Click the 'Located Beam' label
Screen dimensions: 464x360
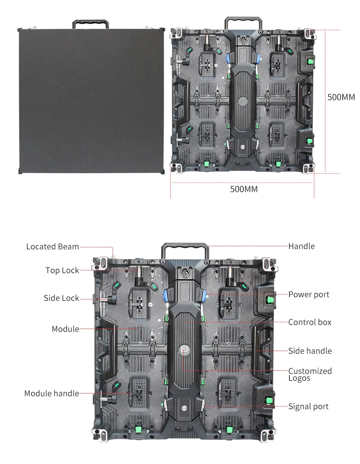(x=53, y=247)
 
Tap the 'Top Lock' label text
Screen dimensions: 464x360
(x=62, y=270)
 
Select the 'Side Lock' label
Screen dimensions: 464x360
(x=61, y=298)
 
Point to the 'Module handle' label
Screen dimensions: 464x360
(x=51, y=393)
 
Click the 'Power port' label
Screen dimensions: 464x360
(x=309, y=294)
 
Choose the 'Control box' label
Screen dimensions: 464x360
(x=310, y=322)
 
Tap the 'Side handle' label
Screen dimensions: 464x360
(x=310, y=351)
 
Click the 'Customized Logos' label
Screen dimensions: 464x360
(x=310, y=374)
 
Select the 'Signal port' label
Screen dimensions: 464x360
(x=308, y=406)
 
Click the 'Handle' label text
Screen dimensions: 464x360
(x=301, y=246)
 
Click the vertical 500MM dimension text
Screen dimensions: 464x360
(x=341, y=97)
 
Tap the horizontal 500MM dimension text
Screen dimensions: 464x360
(x=244, y=189)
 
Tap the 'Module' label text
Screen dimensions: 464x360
(x=65, y=329)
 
